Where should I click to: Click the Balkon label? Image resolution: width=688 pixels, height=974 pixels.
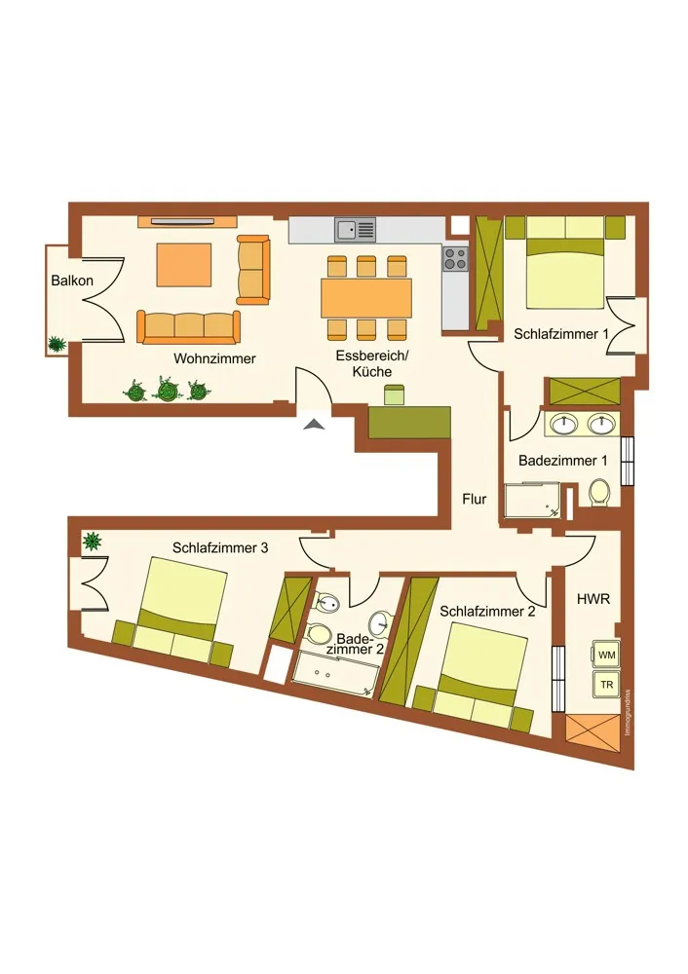(72, 281)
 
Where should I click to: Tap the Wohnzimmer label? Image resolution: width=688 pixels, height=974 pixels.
(214, 358)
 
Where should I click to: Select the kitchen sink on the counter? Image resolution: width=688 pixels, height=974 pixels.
(356, 229)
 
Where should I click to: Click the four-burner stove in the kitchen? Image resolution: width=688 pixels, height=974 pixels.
(455, 257)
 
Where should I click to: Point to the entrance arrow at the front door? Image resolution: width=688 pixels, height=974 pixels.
(315, 425)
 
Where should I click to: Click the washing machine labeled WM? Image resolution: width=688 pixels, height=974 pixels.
(606, 655)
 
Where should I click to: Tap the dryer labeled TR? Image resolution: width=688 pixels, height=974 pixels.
(606, 685)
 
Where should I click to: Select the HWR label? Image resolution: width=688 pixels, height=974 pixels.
(592, 599)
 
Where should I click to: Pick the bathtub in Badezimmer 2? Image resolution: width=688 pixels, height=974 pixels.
(335, 673)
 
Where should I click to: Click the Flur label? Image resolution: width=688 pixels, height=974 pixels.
(475, 499)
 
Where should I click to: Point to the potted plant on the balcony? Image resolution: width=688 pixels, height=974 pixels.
(57, 344)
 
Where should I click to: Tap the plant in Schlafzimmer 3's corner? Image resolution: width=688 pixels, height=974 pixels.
(93, 542)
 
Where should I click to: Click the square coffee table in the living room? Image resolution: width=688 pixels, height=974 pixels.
(183, 265)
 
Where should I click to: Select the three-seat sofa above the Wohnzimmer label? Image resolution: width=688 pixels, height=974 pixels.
(188, 326)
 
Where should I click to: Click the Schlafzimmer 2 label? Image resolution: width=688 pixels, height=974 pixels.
(487, 612)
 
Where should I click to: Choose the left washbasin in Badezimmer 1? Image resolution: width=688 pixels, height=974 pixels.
(564, 425)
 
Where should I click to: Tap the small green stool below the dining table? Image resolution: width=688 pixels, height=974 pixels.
(394, 395)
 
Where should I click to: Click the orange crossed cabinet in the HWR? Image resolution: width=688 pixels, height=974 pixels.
(592, 733)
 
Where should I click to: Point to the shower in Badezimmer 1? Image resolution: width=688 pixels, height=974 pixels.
(533, 501)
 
